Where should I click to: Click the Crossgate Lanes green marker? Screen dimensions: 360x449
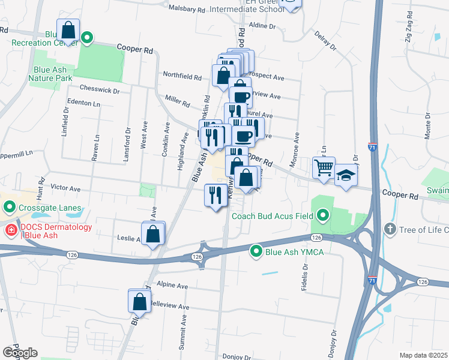(9, 208)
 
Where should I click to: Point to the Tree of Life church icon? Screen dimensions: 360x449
(390, 230)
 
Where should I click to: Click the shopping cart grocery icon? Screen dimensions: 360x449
(324, 167)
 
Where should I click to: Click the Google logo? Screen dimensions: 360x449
(20, 353)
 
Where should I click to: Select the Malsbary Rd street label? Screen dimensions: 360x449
(188, 10)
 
